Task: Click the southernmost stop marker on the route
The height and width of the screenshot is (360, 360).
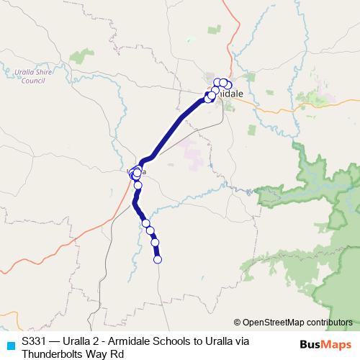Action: pyautogui.click(x=158, y=259)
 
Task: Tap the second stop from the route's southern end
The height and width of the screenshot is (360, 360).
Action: pyautogui.click(x=155, y=243)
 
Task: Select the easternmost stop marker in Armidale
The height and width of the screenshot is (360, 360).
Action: pyautogui.click(x=228, y=86)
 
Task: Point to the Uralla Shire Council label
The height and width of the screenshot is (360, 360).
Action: pyautogui.click(x=30, y=76)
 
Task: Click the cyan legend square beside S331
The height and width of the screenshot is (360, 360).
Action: pyautogui.click(x=9, y=343)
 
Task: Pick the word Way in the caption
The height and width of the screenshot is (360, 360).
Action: pyautogui.click(x=96, y=354)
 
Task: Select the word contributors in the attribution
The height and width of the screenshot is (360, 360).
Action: pyautogui.click(x=328, y=322)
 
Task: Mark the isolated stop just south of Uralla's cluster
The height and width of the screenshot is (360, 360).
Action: pyautogui.click(x=138, y=185)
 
